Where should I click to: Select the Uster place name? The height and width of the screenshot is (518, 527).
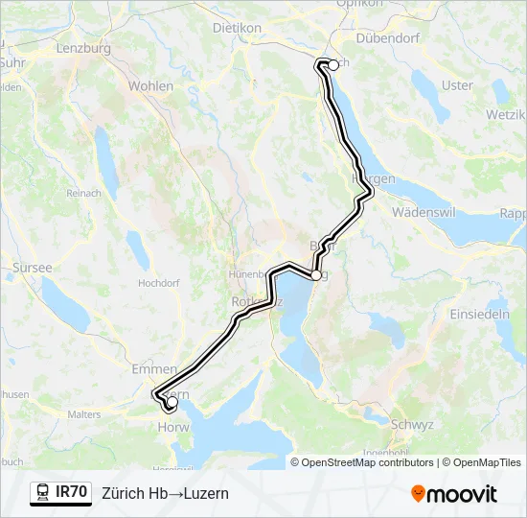click(x=458, y=85)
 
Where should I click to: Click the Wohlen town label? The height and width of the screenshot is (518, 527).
click(x=150, y=85)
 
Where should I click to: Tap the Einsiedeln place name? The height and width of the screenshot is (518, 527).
click(x=480, y=315)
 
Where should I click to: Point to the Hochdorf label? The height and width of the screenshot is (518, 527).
click(x=159, y=284)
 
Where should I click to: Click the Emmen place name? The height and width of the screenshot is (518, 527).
click(x=154, y=368)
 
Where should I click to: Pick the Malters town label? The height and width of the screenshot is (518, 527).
click(x=85, y=414)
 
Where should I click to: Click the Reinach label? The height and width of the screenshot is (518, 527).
click(x=83, y=193)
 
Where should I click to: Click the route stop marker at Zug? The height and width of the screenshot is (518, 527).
click(x=316, y=275)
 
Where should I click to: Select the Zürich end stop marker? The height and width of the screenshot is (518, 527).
click(x=333, y=65)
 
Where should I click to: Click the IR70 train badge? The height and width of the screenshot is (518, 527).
click(x=60, y=493)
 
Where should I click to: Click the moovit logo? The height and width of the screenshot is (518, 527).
click(x=454, y=494)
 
